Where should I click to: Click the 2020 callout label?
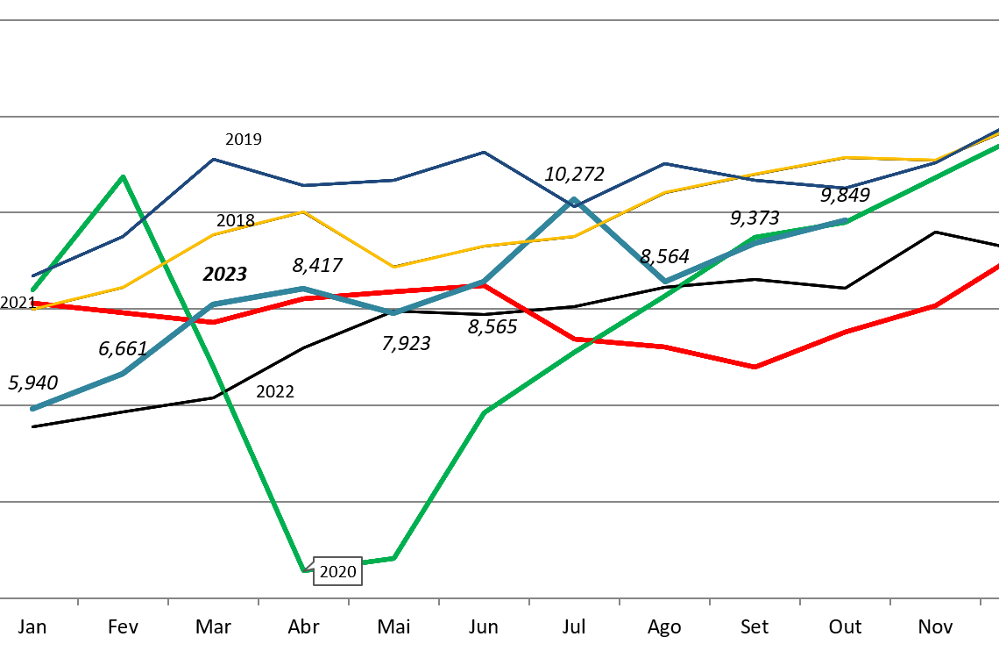tap(337, 572)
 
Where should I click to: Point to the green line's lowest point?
tap(304, 569)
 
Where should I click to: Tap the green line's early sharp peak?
tap(123, 177)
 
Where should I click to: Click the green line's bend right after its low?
tap(393, 558)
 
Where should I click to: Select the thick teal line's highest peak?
tap(574, 200)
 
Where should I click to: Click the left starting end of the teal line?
tap(33, 409)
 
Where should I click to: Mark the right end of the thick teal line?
tap(846, 221)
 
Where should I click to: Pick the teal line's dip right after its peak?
tap(665, 282)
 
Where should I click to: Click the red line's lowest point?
tap(755, 367)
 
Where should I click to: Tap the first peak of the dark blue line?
tap(213, 160)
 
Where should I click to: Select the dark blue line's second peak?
tap(484, 153)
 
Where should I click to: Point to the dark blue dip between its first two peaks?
tap(303, 185)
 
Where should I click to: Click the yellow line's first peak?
tap(303, 211)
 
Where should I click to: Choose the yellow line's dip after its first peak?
tap(393, 267)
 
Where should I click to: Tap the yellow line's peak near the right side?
tap(844, 158)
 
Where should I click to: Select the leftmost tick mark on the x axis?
tap(78, 602)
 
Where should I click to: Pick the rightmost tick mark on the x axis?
tap(980, 602)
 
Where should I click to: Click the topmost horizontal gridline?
tap(499, 19)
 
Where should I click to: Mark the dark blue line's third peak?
tap(664, 164)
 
